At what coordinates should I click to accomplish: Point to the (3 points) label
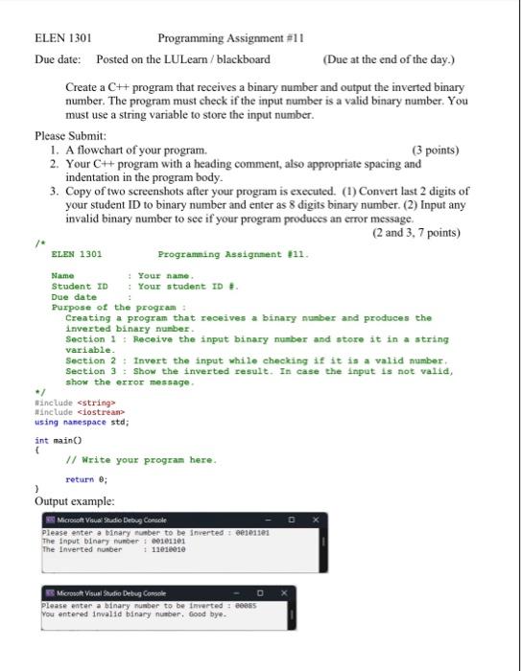click(x=435, y=150)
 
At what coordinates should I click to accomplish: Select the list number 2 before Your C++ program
click(x=53, y=164)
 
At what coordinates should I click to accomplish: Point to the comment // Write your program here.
click(x=140, y=460)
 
